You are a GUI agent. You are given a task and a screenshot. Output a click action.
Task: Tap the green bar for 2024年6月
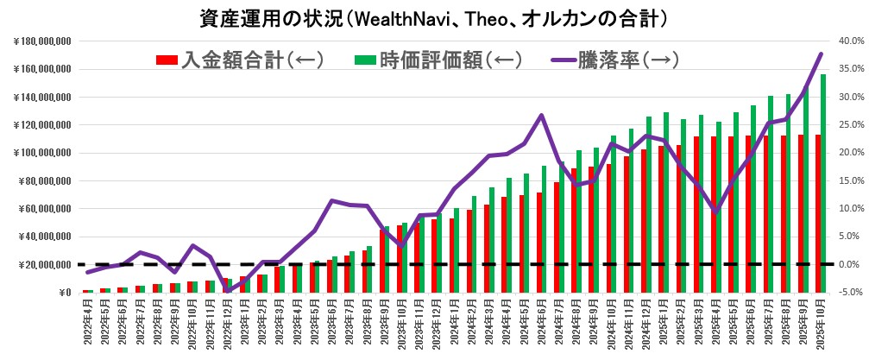coord(544,229)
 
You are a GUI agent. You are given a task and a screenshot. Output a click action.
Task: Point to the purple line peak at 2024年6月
coord(540,115)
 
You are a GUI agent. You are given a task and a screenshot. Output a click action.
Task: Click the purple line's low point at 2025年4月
coord(715,212)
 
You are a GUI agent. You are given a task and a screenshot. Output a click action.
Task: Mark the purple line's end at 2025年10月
coord(821,54)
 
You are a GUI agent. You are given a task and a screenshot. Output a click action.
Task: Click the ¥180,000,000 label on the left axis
coord(43,41)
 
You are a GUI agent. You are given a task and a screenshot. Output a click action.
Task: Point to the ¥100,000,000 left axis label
coord(43,153)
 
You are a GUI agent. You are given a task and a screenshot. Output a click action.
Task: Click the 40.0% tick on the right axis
coord(849,41)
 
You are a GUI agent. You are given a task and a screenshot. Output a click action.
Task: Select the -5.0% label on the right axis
coord(849,293)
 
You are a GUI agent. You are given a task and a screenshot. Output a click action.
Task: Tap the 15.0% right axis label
coord(849,180)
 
